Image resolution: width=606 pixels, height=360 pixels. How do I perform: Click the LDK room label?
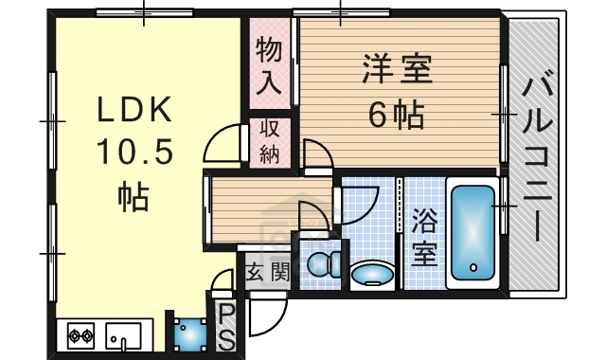(134, 111)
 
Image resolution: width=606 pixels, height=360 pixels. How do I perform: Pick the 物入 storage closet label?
(270, 65)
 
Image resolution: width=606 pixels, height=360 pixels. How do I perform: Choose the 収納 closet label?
(270, 141)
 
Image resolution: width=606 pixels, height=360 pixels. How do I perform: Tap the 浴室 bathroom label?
(425, 238)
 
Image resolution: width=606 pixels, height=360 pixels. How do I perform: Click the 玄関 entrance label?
(267, 273)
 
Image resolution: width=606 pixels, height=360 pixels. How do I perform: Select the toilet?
(320, 262)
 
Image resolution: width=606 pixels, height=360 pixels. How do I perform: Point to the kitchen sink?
(123, 334)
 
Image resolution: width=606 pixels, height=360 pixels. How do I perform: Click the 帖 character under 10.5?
(133, 195)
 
